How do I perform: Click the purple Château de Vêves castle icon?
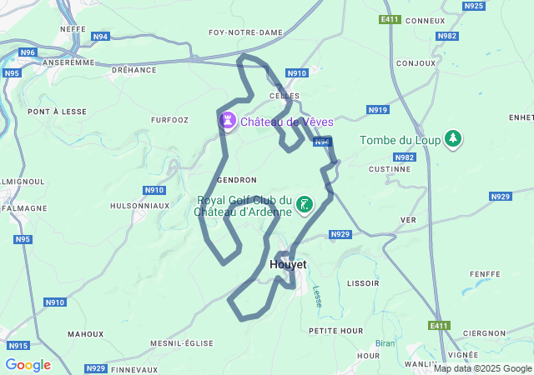point(226,122)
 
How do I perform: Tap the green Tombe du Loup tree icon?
point(452,138)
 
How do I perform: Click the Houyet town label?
point(289,264)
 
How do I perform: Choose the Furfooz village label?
point(170,120)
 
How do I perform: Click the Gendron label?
point(236,179)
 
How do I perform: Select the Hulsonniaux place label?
point(139,205)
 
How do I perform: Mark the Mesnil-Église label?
point(183,343)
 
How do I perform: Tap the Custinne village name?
point(389,168)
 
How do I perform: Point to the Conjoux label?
point(416,63)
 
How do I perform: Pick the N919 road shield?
point(378,109)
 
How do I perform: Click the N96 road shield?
point(28,52)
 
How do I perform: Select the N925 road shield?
point(473,6)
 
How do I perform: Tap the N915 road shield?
point(18,345)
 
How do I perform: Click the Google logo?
point(28,365)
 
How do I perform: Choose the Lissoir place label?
point(363,283)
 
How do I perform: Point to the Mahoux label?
point(85,333)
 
